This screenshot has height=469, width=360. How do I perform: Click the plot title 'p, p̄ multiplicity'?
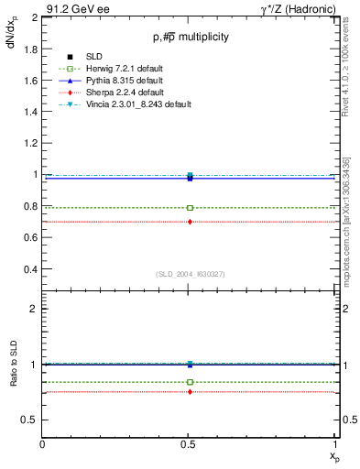click(x=191, y=37)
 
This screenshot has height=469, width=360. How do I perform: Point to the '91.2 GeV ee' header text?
click(x=75, y=8)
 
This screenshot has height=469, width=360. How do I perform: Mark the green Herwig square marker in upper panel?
click(x=190, y=208)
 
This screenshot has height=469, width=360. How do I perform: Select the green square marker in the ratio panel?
click(x=190, y=382)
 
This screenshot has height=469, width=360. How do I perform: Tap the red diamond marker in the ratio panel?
click(x=190, y=391)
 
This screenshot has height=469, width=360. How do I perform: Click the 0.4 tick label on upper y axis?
click(x=32, y=270)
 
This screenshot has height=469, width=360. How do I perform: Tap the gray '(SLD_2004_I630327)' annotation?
click(x=190, y=274)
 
